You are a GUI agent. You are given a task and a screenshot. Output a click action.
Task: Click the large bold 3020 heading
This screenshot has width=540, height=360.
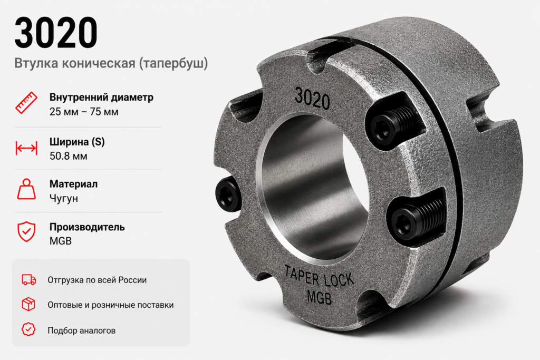tap(56, 33)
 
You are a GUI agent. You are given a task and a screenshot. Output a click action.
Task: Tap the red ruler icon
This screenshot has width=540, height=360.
tap(26, 103)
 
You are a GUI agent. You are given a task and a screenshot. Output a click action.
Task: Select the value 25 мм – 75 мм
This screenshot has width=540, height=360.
tap(84, 112)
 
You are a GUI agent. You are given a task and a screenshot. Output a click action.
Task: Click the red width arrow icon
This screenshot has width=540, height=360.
tap(26, 148)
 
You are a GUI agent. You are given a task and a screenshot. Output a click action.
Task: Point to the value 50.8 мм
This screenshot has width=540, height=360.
tap(68, 156)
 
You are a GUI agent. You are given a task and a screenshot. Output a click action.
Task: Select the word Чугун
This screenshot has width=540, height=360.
tap(64, 199)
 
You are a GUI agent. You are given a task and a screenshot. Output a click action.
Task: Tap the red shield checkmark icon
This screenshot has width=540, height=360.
tap(26, 231)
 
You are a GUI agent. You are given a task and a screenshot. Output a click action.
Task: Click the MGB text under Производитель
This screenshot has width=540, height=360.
tap(61, 241)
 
